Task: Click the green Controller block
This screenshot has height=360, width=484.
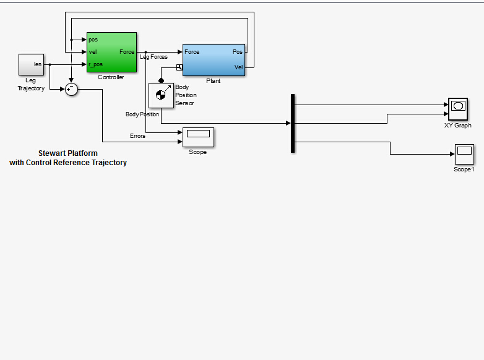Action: [x=112, y=52]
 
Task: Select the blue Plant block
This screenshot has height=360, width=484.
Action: [x=214, y=60]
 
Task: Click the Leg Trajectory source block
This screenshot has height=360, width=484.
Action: [x=31, y=64]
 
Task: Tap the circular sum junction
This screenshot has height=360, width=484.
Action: [x=71, y=90]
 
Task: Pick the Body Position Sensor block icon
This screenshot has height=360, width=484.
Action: [x=161, y=95]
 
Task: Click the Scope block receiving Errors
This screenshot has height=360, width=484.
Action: [x=198, y=137]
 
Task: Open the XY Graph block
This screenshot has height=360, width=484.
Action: [x=458, y=109]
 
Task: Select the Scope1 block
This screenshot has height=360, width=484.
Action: [x=464, y=154]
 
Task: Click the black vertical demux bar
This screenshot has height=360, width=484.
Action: [x=293, y=123]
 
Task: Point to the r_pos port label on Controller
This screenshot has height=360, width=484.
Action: [x=95, y=64]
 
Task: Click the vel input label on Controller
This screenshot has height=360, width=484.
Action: [x=93, y=52]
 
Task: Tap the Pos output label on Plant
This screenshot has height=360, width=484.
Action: [x=238, y=52]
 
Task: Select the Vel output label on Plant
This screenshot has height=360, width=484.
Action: [x=238, y=67]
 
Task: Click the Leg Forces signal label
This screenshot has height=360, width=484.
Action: [x=153, y=57]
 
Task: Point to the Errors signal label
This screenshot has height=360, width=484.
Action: [x=137, y=135]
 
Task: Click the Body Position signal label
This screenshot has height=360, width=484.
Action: [x=142, y=114]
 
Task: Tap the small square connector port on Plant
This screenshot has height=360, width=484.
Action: [x=179, y=67]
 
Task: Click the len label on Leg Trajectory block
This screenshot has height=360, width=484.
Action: [x=38, y=64]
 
